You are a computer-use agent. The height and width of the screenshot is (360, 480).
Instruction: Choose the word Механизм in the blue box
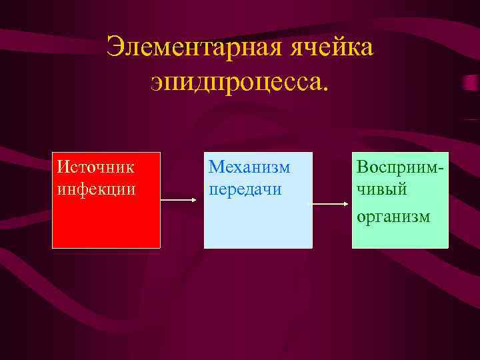[x=249, y=165]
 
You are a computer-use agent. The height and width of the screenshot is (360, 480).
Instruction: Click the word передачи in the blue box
[x=245, y=189]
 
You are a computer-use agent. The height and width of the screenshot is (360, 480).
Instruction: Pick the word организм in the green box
[x=393, y=216]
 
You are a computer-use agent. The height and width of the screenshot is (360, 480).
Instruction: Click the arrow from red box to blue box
[x=181, y=199]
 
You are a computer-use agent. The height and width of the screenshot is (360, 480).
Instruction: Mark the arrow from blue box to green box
[x=332, y=204]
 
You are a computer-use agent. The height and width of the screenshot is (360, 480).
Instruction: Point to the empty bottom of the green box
[x=400, y=237]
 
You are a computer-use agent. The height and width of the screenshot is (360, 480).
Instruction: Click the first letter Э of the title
[x=115, y=48]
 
